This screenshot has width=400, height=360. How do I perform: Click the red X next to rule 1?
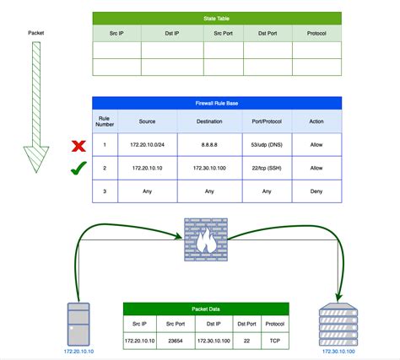click(78, 144)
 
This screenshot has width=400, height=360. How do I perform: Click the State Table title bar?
click(217, 18)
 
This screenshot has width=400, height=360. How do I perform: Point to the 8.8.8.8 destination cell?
click(209, 144)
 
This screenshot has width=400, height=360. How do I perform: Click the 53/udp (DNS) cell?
click(268, 144)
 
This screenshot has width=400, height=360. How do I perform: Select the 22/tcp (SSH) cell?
click(268, 168)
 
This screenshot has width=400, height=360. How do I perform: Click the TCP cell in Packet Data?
click(274, 341)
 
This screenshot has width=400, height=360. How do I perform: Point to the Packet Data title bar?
click(207, 309)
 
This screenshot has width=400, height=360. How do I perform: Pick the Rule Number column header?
click(105, 123)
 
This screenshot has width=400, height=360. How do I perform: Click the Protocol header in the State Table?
click(317, 34)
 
